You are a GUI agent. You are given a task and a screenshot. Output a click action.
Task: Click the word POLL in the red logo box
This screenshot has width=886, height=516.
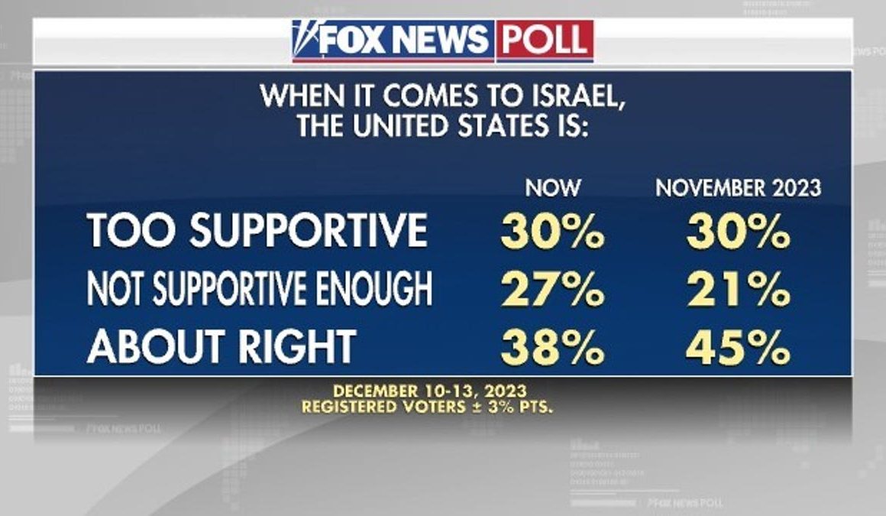[x=545, y=40]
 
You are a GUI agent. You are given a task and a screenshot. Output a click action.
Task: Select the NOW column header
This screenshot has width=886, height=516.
[x=553, y=188]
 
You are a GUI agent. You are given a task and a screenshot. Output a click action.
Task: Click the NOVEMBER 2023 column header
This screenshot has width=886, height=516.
[x=738, y=188]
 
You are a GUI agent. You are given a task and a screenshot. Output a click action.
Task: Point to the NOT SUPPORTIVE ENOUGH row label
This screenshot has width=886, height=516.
[x=259, y=289]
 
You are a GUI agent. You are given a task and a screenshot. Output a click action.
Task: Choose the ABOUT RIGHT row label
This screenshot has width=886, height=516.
[x=221, y=346]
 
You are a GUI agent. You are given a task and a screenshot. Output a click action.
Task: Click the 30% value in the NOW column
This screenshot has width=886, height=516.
[x=553, y=232]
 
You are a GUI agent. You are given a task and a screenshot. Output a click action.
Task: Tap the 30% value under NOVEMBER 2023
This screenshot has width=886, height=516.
[x=738, y=232]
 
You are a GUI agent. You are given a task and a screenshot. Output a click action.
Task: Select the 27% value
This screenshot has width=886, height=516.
[x=553, y=290]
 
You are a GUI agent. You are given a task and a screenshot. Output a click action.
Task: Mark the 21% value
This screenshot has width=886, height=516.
[x=738, y=290]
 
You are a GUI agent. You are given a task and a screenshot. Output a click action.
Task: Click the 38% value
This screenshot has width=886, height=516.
[x=553, y=348]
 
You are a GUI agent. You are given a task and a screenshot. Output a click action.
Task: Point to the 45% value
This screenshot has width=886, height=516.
[x=738, y=348]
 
